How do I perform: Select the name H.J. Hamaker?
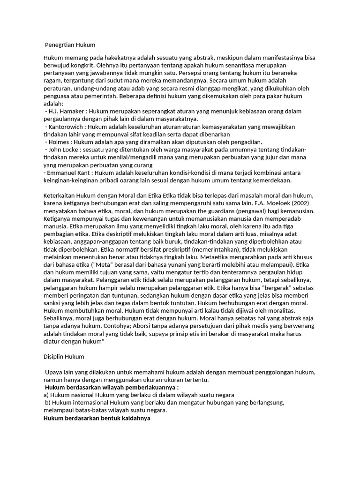pyautogui.click(x=66, y=111)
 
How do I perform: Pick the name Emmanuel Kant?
pyautogui.click(x=66, y=172)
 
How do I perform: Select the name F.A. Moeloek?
pyautogui.click(x=273, y=203)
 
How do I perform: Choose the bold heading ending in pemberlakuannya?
pyautogui.click(x=112, y=388)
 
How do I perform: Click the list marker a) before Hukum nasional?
pyautogui.click(x=46, y=395)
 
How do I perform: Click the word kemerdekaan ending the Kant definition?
pyautogui.click(x=270, y=180)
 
